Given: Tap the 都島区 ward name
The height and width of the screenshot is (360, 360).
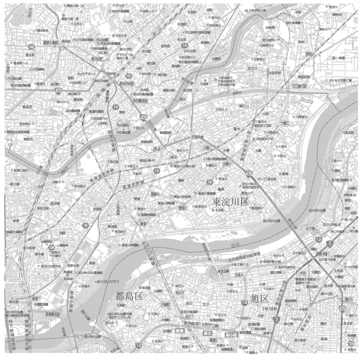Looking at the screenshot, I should click(x=129, y=296).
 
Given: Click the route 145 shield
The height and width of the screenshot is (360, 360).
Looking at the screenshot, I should click(x=31, y=47).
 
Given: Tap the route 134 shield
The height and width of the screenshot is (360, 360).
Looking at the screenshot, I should click(x=51, y=247).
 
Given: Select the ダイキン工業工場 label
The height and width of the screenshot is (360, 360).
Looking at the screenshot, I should click(x=340, y=80).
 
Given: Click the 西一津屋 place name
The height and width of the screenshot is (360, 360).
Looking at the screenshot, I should click(x=339, y=58).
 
